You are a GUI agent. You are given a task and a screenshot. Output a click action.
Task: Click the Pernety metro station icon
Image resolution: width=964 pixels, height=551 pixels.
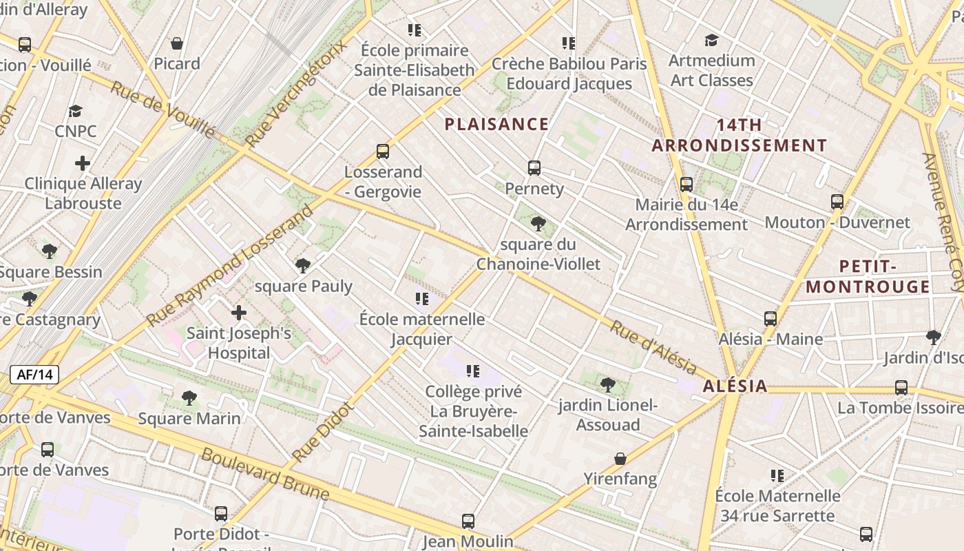[x=534, y=168]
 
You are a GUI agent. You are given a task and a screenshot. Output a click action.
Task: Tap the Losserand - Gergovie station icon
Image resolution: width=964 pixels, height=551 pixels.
[x=383, y=152]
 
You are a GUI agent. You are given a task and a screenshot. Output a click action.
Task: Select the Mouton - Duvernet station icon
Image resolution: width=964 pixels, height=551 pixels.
[x=837, y=202]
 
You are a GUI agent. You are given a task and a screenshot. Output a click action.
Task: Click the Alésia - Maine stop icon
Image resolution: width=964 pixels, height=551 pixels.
[x=771, y=319]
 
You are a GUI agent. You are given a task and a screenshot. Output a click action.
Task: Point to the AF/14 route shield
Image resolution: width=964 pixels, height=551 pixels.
[x=34, y=375]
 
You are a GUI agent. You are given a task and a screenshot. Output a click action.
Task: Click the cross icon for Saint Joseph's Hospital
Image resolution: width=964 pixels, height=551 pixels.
[x=239, y=313]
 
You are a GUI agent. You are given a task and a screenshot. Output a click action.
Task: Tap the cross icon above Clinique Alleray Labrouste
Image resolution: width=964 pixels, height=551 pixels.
[x=83, y=163]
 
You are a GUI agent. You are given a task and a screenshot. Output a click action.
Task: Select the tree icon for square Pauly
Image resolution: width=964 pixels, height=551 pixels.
[x=302, y=266]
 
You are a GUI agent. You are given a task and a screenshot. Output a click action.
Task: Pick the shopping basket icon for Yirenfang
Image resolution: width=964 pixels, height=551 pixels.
[x=620, y=459]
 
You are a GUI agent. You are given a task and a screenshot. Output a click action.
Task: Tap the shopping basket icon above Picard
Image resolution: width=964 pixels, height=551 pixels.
[x=177, y=43]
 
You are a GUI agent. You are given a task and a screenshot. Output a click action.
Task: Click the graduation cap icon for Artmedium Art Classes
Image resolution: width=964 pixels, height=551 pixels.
[x=711, y=41]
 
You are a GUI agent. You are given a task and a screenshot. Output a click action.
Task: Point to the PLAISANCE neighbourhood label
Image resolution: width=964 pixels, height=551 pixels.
[x=496, y=125]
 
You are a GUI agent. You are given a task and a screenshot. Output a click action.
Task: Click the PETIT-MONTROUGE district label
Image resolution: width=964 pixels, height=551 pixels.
[x=868, y=276]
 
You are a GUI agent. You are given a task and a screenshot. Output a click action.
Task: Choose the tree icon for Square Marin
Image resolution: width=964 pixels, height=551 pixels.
[x=189, y=398]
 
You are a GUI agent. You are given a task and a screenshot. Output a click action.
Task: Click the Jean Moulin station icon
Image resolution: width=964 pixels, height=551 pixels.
[x=468, y=521]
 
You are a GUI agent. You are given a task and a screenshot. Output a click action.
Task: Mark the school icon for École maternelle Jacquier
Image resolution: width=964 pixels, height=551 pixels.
[x=422, y=299]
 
